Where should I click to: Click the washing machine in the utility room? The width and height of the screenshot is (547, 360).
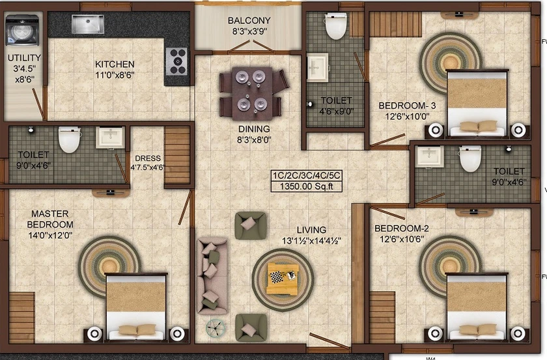click(x=22, y=30)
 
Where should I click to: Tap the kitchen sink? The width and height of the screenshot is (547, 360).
click(x=88, y=25)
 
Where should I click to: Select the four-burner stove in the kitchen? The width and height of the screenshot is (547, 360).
click(x=176, y=61)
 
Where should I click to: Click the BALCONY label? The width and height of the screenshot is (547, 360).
click(x=249, y=21)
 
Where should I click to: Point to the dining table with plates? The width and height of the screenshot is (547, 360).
click(x=253, y=94)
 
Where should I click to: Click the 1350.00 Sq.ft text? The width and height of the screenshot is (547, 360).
click(x=307, y=186)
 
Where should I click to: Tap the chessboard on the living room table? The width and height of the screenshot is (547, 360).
click(x=276, y=278)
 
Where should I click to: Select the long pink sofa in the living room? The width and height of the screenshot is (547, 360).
click(x=212, y=275)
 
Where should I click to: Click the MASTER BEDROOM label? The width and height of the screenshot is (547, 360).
click(x=50, y=219)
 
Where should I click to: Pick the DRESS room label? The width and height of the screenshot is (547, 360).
click(x=148, y=158)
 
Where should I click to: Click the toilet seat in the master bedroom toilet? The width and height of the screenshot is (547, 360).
click(x=69, y=139)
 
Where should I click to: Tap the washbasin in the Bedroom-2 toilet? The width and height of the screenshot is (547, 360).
click(x=430, y=156)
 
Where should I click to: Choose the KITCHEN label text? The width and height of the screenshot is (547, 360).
click(x=115, y=64)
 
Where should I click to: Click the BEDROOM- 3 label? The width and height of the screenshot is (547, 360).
click(x=407, y=105)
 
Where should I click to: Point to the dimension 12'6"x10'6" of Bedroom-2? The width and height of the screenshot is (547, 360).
click(x=402, y=240)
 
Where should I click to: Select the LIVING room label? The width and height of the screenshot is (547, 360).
click(x=311, y=230)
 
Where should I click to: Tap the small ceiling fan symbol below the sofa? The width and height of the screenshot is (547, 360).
click(x=216, y=328)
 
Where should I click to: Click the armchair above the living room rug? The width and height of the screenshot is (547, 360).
click(x=251, y=226)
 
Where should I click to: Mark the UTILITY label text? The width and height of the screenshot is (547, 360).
click(x=25, y=58)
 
